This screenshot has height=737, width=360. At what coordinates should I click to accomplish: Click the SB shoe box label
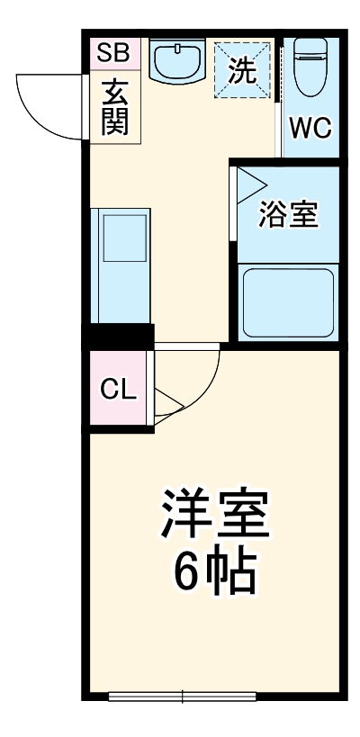point(114,53)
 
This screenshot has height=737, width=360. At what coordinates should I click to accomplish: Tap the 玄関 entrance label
point(114,107)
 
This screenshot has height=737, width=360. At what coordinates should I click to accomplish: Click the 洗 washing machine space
point(242,70)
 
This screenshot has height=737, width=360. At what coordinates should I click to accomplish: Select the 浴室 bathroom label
point(288,215)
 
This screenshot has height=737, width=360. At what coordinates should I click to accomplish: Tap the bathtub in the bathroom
point(287,302)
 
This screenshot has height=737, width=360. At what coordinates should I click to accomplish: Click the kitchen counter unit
point(120,266)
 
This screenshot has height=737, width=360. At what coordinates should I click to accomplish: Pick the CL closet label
point(117,390)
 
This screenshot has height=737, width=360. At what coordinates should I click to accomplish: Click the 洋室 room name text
point(214,512)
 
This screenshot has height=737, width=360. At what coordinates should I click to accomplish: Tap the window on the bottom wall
point(183,695)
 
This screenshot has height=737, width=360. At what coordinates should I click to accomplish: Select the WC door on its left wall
point(280,99)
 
